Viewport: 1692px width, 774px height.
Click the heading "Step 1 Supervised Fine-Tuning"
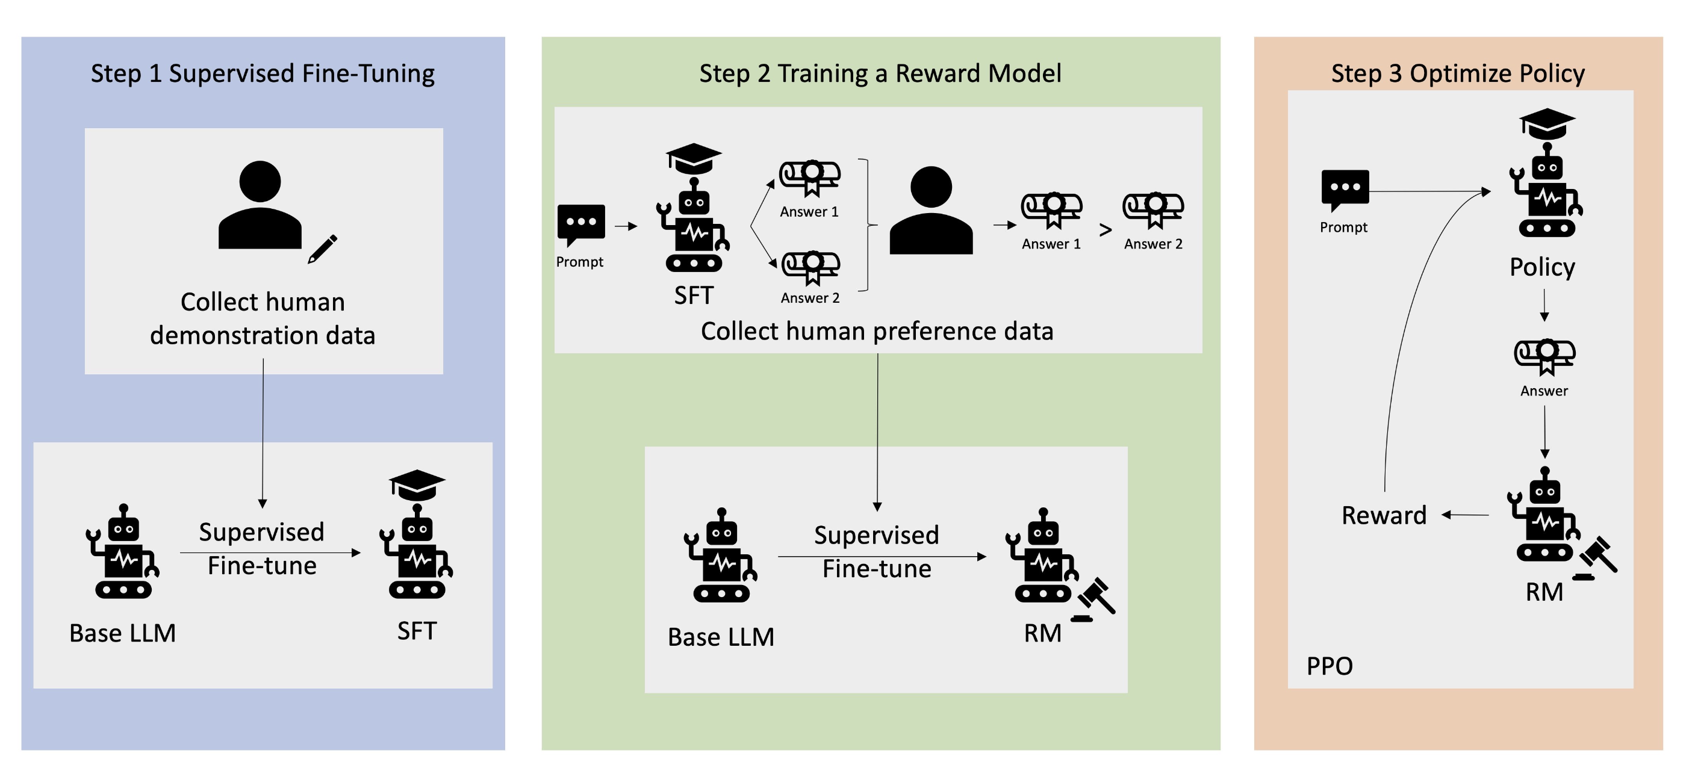tap(262, 73)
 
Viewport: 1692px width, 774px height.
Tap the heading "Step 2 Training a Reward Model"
tap(880, 73)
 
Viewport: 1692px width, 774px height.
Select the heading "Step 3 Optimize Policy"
tap(1458, 73)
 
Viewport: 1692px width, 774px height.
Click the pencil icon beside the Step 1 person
tap(323, 249)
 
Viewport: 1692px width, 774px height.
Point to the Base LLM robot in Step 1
tap(123, 552)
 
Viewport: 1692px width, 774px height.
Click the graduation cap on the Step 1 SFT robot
tap(417, 485)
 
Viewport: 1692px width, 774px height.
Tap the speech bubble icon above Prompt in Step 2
tap(580, 224)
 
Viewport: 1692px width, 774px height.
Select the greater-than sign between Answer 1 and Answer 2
tap(1106, 230)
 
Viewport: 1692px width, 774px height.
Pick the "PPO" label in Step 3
tap(1330, 666)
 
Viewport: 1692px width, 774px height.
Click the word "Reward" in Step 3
tap(1384, 515)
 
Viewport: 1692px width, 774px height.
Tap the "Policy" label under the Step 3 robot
tap(1542, 267)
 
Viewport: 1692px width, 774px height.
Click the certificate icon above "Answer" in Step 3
tap(1544, 356)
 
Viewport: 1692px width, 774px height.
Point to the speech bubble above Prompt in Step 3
tap(1345, 189)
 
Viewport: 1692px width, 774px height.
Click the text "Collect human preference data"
tap(877, 331)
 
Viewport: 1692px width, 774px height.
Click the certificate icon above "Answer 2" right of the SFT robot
tap(811, 267)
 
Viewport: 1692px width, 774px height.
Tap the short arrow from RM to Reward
tap(1466, 515)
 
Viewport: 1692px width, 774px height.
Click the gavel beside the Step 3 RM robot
tap(1596, 557)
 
